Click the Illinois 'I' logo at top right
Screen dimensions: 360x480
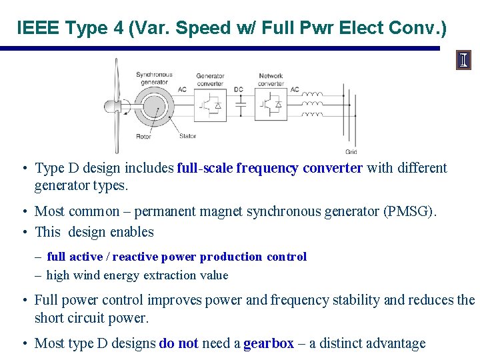(x=463, y=61)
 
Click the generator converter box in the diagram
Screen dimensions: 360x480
(x=210, y=105)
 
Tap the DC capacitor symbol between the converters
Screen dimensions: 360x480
(x=241, y=105)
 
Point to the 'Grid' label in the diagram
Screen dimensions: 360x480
(x=351, y=152)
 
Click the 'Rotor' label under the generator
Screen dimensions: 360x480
(x=143, y=137)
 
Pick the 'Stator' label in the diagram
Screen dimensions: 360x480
(x=187, y=137)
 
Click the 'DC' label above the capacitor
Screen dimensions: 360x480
(x=239, y=89)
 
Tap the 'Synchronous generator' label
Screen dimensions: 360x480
(x=154, y=79)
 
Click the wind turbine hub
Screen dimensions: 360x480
(x=111, y=105)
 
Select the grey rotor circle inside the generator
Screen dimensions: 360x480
(x=153, y=105)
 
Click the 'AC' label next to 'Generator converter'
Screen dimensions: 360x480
(x=182, y=89)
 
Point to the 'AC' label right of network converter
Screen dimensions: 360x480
(x=294, y=89)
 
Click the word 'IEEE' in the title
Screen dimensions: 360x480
(x=37, y=28)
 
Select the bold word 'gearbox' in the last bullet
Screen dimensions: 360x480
(x=269, y=343)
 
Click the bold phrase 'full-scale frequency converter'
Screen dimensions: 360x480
(x=269, y=168)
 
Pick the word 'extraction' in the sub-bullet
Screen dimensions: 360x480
(x=167, y=275)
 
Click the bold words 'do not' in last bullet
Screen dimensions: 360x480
(x=179, y=343)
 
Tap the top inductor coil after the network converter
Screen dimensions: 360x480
(x=312, y=95)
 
